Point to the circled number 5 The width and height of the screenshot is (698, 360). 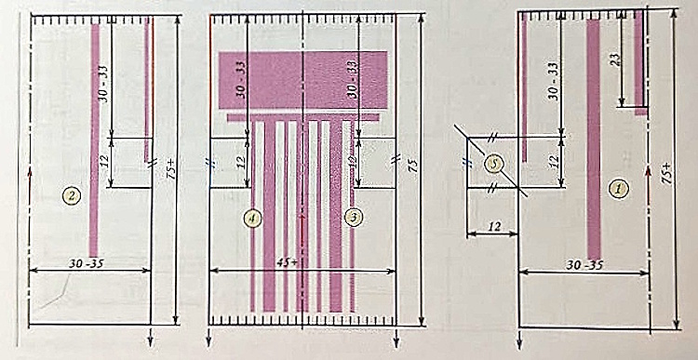[x=497, y=163]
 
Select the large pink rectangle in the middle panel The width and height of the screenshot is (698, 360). [x=302, y=81]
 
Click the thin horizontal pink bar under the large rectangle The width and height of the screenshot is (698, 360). [x=302, y=117]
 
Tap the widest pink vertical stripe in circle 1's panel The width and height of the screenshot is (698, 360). [x=594, y=140]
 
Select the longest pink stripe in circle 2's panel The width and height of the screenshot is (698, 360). [x=94, y=140]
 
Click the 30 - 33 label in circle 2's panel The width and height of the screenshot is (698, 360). [x=104, y=82]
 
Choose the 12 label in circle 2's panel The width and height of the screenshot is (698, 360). [x=104, y=162]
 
